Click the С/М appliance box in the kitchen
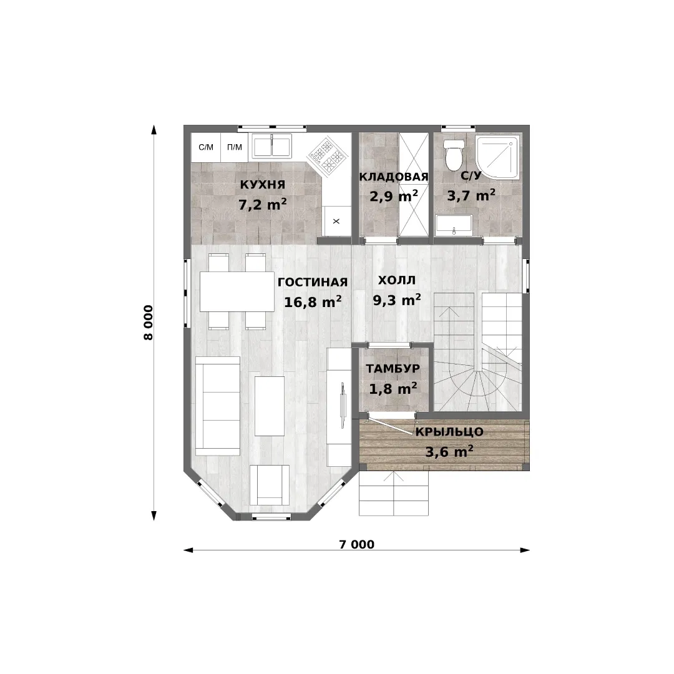[x=206, y=147]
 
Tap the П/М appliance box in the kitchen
[x=234, y=147]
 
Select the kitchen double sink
[x=271, y=145]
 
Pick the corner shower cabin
[x=499, y=156]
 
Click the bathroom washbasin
[x=454, y=225]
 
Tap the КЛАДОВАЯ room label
[x=394, y=177]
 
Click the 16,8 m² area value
[x=313, y=302]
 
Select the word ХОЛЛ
[x=397, y=280]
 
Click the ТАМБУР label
[x=393, y=368]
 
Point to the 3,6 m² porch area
[x=449, y=452]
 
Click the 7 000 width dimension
[x=357, y=544]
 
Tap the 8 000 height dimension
[x=148, y=323]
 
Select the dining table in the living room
[x=237, y=291]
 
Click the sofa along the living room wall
[x=218, y=406]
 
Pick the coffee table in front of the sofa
[x=270, y=406]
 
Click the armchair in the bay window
[x=270, y=485]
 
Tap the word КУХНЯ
[x=263, y=184]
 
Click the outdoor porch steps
[x=394, y=493]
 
